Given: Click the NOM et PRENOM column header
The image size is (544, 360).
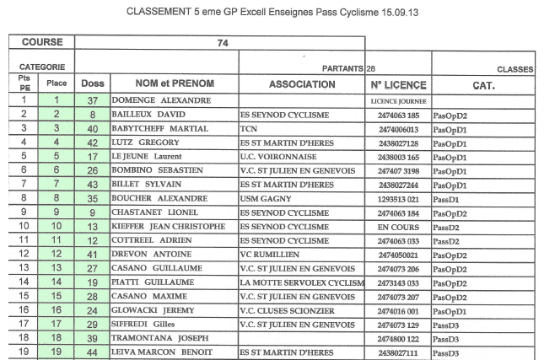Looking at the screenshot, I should click(175, 84).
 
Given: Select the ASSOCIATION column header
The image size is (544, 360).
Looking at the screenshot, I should click(302, 84).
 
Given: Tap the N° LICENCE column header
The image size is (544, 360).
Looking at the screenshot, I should click(398, 85).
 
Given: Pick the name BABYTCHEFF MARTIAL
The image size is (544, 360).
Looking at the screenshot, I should click(160, 129).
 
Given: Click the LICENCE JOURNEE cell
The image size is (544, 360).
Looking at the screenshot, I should click(399, 101).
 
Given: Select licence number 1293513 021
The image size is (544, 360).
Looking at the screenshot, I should click(399, 199).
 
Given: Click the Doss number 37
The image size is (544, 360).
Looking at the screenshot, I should click(93, 100).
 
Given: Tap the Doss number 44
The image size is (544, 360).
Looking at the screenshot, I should click(93, 352).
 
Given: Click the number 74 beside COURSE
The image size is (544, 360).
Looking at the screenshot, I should click(224, 43).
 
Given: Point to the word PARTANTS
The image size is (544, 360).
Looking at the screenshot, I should click(343, 67).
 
